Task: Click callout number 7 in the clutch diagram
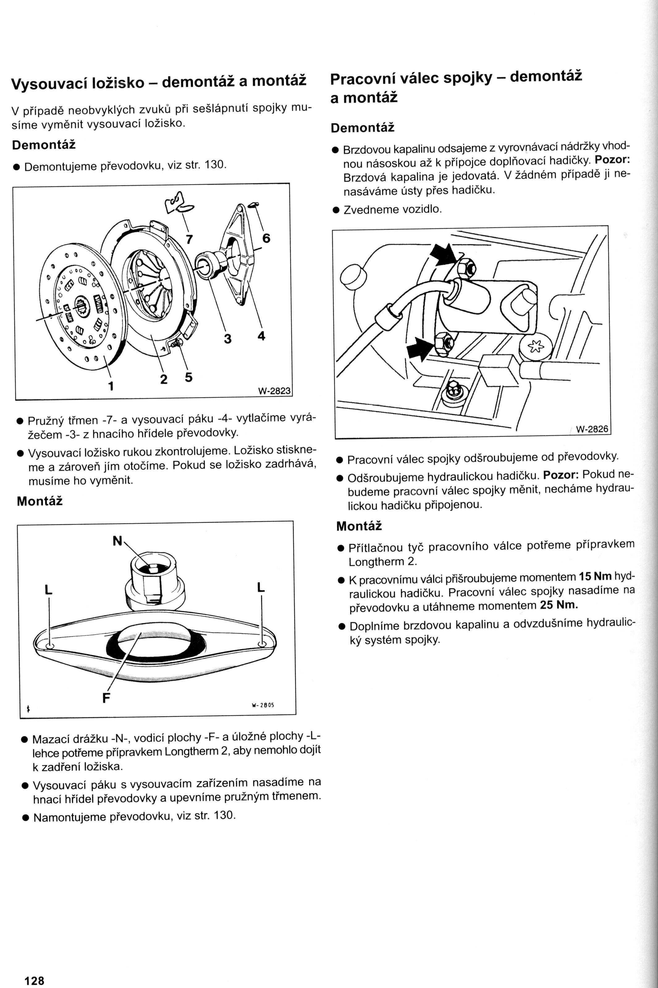click(x=189, y=239)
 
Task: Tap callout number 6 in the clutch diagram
click(x=266, y=238)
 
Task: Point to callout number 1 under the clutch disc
click(x=111, y=385)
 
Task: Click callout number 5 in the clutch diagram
click(x=189, y=377)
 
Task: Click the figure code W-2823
click(x=274, y=391)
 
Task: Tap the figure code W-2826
click(x=592, y=429)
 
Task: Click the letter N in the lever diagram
click(x=117, y=541)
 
